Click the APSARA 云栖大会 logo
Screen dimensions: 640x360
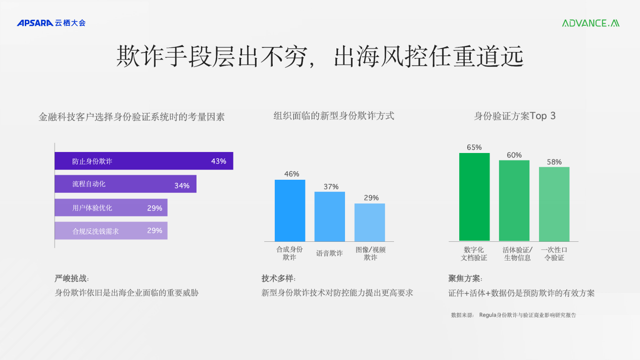tap(51, 23)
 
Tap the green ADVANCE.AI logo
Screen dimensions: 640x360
tap(590, 23)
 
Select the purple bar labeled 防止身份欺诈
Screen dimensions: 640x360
tap(144, 161)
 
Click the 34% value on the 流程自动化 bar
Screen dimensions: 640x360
tap(182, 186)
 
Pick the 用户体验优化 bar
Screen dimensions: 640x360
tap(111, 208)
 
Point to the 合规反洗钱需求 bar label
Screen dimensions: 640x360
tap(95, 231)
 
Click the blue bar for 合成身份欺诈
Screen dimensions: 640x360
tap(290, 211)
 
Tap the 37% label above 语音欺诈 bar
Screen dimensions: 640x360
tap(331, 187)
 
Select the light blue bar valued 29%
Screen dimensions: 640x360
tap(370, 222)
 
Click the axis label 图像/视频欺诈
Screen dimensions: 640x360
tap(371, 253)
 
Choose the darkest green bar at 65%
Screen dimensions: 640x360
tap(474, 197)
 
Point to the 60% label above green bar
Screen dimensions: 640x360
tap(514, 155)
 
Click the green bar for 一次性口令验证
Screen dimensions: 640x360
tap(554, 204)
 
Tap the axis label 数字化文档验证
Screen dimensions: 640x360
tap(474, 254)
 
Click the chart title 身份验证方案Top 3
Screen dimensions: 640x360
tap(515, 116)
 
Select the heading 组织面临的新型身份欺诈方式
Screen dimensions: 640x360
tap(334, 116)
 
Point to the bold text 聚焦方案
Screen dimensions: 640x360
tap(464, 278)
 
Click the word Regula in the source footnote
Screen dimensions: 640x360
tap(488, 315)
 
